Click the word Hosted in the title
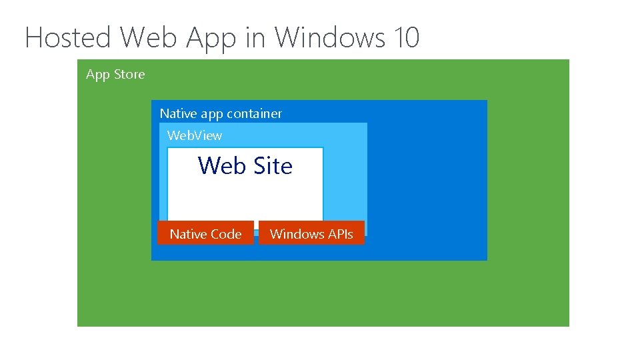click(69, 37)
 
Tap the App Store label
click(115, 75)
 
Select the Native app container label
click(221, 113)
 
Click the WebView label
click(195, 135)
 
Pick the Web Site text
click(245, 165)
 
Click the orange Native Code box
click(205, 233)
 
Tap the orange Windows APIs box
click(311, 233)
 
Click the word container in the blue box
click(254, 113)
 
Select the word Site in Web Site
click(272, 165)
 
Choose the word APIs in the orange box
click(340, 234)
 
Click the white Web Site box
click(245, 197)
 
